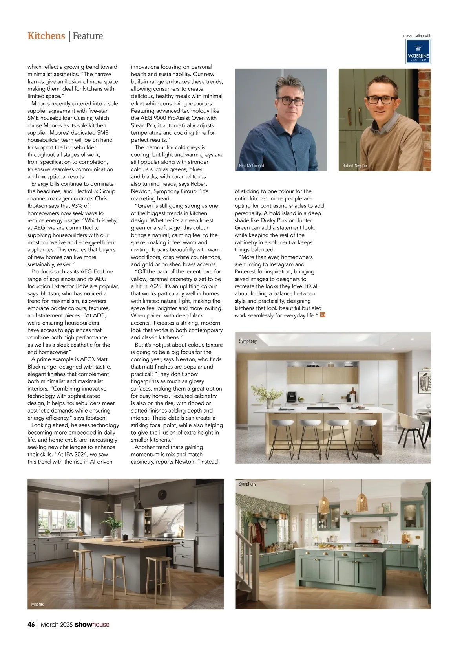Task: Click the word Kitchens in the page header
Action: click(46, 36)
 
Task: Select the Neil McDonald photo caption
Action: click(251, 166)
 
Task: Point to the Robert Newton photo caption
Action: click(354, 166)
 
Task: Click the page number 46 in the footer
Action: click(31, 624)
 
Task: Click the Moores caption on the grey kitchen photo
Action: click(38, 604)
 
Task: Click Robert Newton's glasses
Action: click(381, 99)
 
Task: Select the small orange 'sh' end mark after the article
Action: click(323, 315)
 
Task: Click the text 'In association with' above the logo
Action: click(416, 36)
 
